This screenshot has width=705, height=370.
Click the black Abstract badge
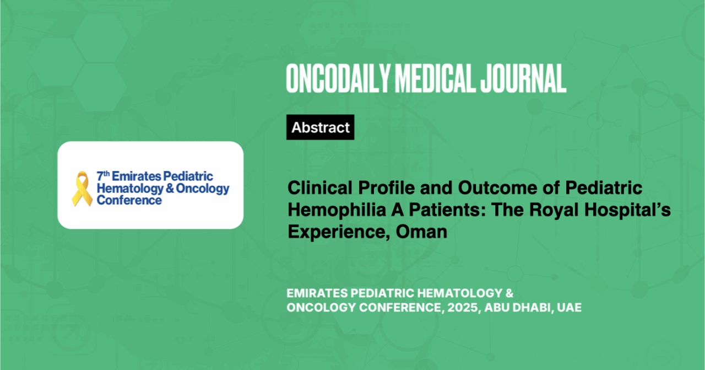click(x=320, y=127)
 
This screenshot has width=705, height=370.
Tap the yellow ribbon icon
click(x=82, y=189)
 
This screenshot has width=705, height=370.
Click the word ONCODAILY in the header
click(x=338, y=78)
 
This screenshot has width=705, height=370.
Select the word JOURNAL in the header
click(x=523, y=78)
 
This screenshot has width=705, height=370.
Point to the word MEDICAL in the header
click(x=435, y=78)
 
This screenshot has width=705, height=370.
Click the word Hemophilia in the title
click(x=337, y=210)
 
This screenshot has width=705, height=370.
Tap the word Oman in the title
click(x=421, y=232)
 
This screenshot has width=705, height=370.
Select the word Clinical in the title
click(x=320, y=188)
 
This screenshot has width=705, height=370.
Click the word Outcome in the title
click(x=497, y=188)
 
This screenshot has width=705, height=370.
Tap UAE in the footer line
click(x=569, y=307)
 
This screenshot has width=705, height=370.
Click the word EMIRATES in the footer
click(x=317, y=293)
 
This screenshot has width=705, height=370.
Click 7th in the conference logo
click(x=103, y=176)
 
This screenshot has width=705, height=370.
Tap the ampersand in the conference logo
click(x=170, y=188)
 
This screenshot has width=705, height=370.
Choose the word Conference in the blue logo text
click(x=129, y=200)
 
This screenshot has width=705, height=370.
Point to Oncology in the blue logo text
click(x=202, y=189)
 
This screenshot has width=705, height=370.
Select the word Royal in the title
click(x=554, y=210)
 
